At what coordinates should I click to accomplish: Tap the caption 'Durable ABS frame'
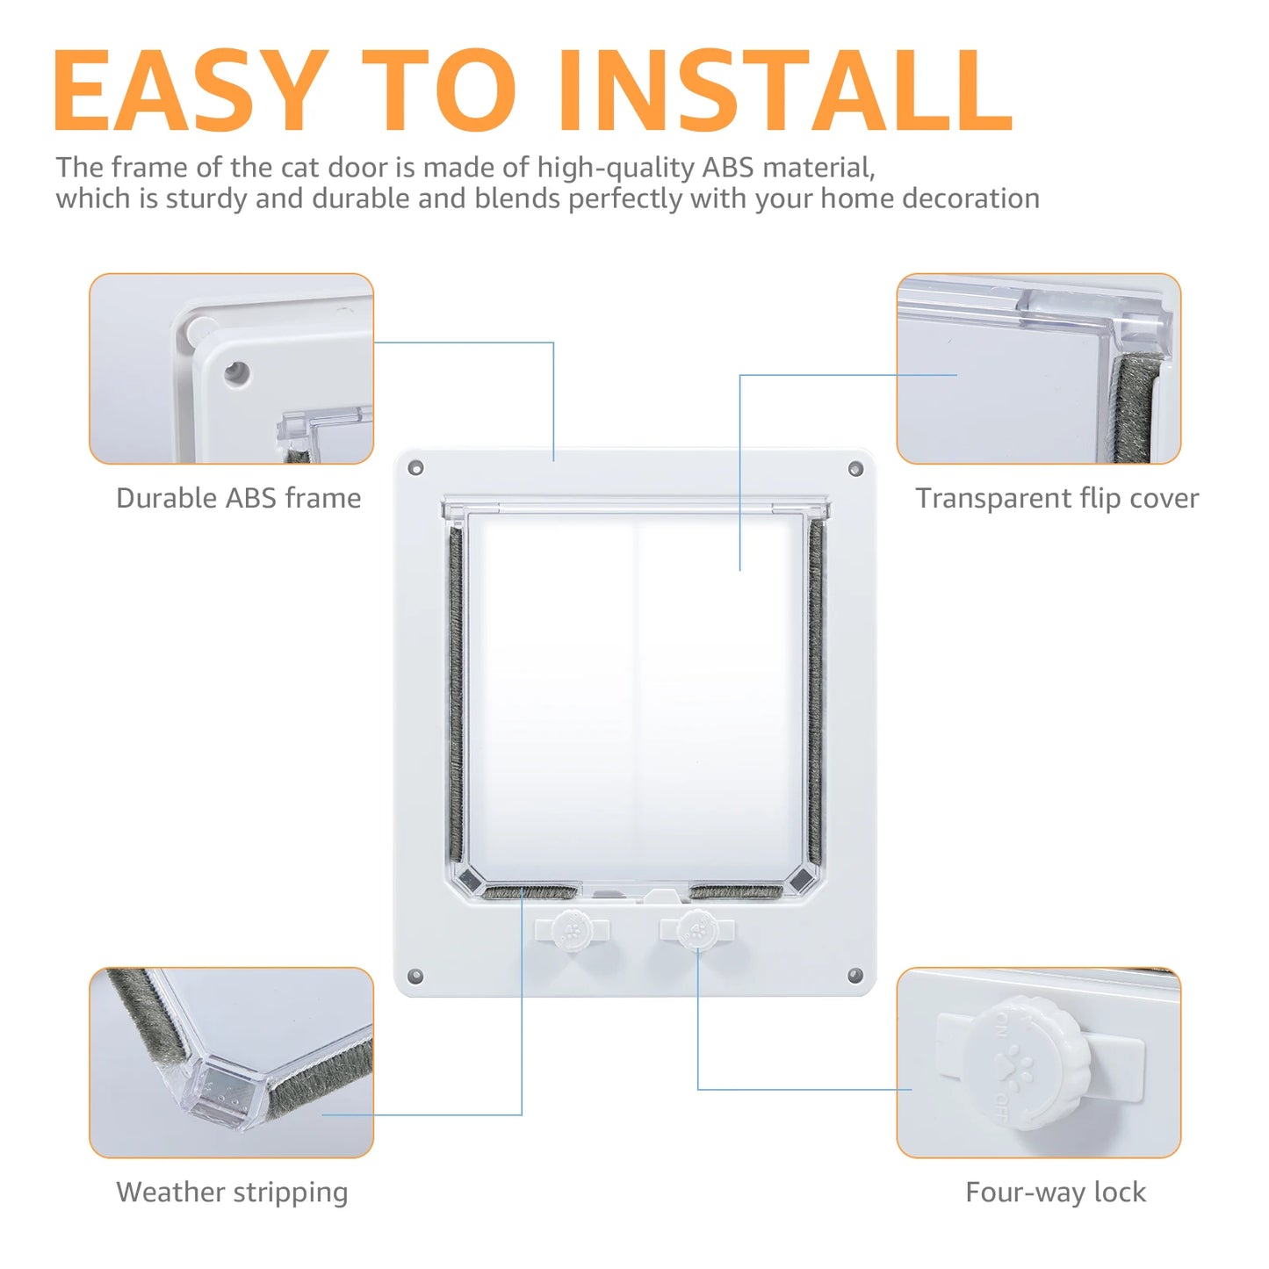click(x=239, y=498)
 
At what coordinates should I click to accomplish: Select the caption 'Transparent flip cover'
click(x=1056, y=498)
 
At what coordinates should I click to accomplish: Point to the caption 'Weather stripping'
click(x=232, y=1192)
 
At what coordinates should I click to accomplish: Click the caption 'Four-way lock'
click(x=1056, y=1192)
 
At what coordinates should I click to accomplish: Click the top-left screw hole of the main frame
click(x=416, y=468)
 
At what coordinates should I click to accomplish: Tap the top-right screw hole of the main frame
click(x=855, y=469)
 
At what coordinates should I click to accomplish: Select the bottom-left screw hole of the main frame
click(x=416, y=976)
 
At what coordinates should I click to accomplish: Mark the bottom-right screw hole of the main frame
click(x=855, y=976)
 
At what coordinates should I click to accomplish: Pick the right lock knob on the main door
click(x=697, y=930)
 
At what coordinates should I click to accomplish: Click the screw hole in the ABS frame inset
click(x=235, y=373)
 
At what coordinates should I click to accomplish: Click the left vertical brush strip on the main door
click(x=456, y=694)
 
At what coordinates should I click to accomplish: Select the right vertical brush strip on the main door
click(x=816, y=694)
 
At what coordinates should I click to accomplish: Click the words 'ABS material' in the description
click(x=788, y=167)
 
